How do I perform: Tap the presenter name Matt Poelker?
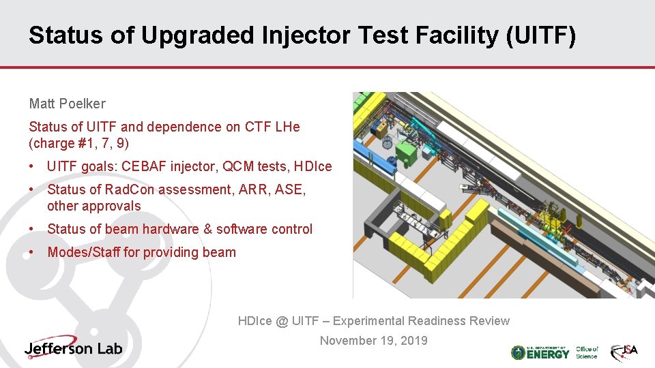[x=67, y=104]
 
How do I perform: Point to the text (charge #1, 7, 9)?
[x=78, y=143]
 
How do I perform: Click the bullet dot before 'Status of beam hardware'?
[x=33, y=229]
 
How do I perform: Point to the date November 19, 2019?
[x=374, y=340]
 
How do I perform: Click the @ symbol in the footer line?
[x=282, y=321]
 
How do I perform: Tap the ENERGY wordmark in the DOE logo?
[x=548, y=354]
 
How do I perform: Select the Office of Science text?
[x=587, y=352]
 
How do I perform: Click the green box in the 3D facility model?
[x=407, y=151]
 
